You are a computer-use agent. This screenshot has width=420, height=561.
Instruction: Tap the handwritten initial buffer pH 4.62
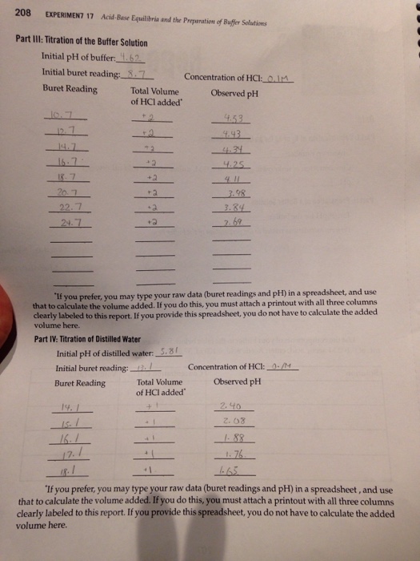(x=130, y=56)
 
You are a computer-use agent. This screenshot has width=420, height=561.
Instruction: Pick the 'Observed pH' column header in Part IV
(x=237, y=381)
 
